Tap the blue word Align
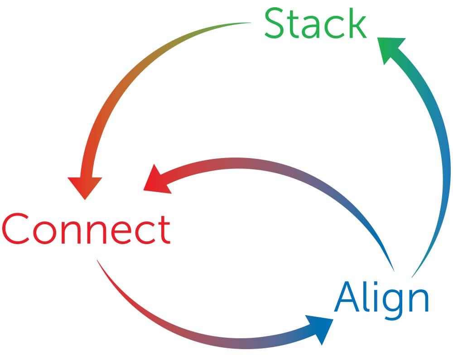[x=381, y=298]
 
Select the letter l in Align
[x=365, y=297]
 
